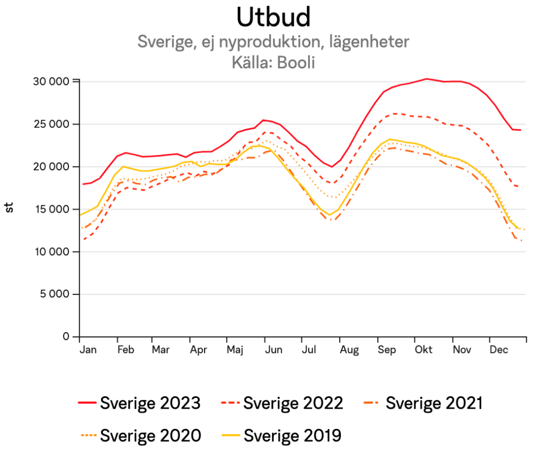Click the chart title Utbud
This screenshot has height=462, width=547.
273,18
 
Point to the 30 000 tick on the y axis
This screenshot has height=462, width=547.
52,81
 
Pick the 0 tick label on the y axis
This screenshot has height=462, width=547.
66,336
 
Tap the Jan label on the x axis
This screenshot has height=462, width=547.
88,350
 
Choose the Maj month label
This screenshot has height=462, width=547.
235,350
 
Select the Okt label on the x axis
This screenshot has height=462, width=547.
424,350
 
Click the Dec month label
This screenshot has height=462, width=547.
499,350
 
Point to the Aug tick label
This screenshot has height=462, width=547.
349,350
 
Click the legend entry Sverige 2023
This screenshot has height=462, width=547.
150,403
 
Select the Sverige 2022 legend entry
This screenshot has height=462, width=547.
293,403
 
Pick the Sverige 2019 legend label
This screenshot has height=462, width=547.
292,435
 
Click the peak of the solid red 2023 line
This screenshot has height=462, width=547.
426,79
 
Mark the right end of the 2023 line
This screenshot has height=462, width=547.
520,130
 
